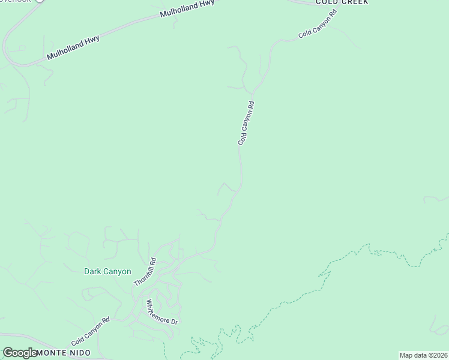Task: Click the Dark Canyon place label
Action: point(107,271)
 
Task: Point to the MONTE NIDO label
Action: point(64,353)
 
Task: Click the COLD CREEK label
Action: point(342,2)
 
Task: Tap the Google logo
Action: point(19,353)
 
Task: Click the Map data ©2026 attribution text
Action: point(423,355)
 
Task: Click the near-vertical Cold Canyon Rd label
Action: point(246,123)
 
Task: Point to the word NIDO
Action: point(79,353)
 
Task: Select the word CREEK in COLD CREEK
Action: point(354,2)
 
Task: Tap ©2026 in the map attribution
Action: point(438,355)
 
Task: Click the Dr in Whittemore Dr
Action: point(174,321)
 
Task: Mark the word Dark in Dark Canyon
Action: point(92,271)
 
